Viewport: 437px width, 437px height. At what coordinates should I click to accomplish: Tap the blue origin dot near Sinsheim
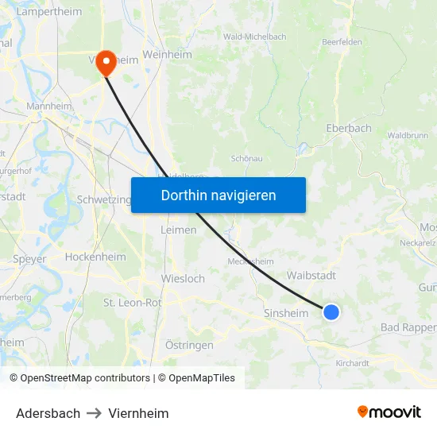click(x=331, y=312)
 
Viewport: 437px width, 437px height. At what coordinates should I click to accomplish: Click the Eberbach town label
click(x=348, y=128)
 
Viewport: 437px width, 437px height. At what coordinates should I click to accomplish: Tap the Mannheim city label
click(x=49, y=106)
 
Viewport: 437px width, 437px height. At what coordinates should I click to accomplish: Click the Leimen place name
click(x=178, y=230)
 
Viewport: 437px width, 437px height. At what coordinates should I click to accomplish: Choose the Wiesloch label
click(x=183, y=279)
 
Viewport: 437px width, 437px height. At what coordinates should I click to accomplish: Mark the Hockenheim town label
click(x=95, y=257)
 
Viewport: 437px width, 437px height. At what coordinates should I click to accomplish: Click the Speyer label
click(x=29, y=259)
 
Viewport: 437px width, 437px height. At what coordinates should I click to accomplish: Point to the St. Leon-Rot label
click(x=133, y=303)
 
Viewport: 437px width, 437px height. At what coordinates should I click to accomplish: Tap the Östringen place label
click(x=188, y=345)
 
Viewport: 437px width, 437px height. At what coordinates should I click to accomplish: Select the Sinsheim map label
click(x=285, y=314)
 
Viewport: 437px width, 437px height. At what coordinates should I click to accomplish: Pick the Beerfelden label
click(x=343, y=42)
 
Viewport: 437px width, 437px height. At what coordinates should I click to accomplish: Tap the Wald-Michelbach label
click(x=254, y=37)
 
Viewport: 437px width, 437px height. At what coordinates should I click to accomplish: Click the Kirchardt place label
click(x=352, y=363)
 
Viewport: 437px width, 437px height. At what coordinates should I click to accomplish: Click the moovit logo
click(x=389, y=412)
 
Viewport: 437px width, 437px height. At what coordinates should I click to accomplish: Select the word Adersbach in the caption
click(x=48, y=413)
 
